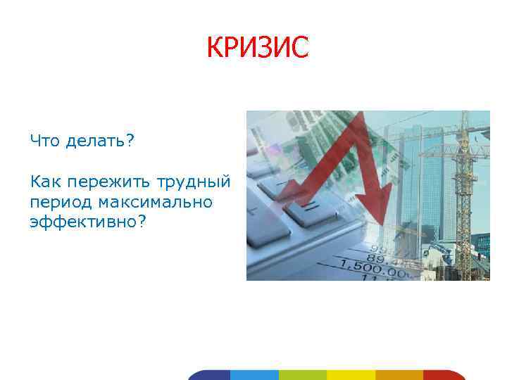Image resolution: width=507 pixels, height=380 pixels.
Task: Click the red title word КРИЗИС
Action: (x=257, y=48)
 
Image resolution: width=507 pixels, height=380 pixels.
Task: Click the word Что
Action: (x=45, y=141)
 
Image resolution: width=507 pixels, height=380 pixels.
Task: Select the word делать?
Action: (x=100, y=141)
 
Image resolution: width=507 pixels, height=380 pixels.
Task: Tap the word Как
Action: (x=44, y=182)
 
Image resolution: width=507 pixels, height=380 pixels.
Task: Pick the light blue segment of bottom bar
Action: (x=254, y=374)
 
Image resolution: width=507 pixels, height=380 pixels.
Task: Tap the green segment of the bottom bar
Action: (x=303, y=374)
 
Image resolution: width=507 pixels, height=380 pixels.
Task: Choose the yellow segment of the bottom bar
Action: (x=351, y=374)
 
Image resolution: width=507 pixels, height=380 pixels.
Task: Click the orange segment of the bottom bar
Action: (x=399, y=374)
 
